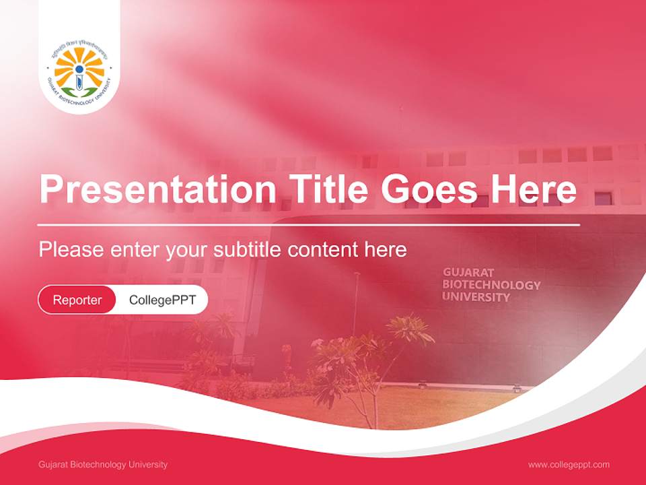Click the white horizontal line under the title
click(x=308, y=224)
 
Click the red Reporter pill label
click(x=77, y=300)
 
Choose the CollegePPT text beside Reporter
click(x=162, y=300)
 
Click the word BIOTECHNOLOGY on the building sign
click(x=491, y=284)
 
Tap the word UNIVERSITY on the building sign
click(x=476, y=296)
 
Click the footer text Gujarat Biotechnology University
click(x=103, y=465)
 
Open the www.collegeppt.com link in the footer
click(x=569, y=465)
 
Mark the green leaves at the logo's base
click(x=79, y=92)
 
